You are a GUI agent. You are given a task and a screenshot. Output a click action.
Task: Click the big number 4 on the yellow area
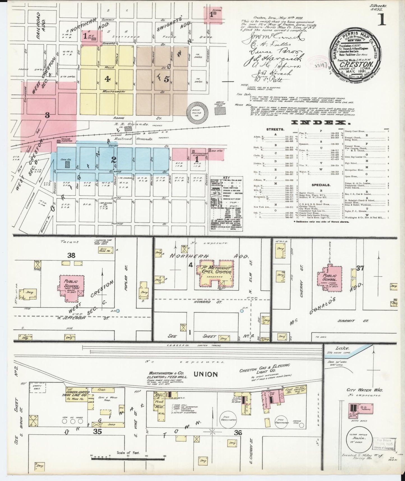(107, 79)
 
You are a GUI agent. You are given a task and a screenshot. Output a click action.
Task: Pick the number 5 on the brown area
(166, 79)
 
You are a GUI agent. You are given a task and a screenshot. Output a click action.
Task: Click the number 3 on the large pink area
(47, 115)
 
